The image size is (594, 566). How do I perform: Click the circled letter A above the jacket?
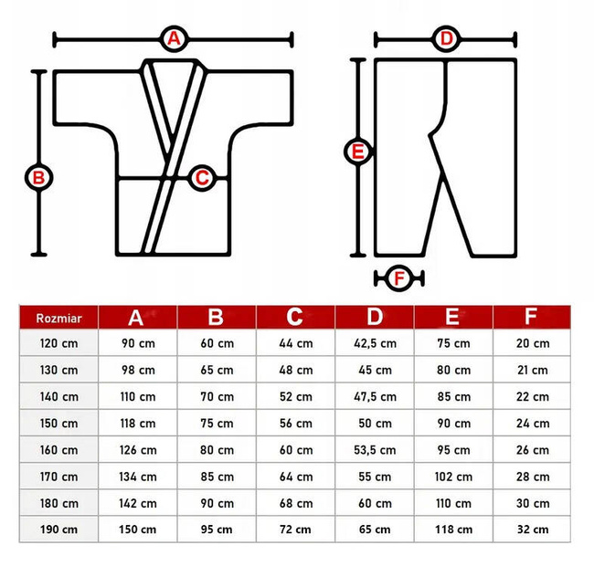click(174, 38)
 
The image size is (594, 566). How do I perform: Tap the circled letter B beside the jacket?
click(38, 177)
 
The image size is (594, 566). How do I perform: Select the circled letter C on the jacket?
click(202, 177)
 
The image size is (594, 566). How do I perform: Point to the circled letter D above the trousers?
click(446, 38)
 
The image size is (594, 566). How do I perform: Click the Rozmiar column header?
click(57, 318)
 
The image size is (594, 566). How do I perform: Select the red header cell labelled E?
click(452, 317)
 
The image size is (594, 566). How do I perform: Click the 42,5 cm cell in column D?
click(374, 344)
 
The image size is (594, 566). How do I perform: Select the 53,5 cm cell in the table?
click(374, 450)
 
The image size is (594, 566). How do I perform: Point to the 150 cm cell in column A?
click(136, 529)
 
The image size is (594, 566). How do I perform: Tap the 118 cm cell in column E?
click(452, 529)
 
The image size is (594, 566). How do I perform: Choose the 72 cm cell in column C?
click(294, 529)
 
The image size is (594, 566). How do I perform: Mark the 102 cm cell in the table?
click(452, 477)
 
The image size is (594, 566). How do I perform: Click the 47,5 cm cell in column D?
click(374, 397)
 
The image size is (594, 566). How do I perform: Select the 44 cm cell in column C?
click(294, 344)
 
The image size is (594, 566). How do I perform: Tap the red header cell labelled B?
click(216, 317)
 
